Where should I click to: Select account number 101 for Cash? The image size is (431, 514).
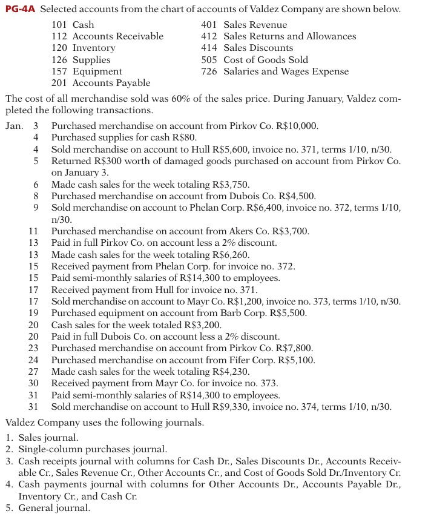coord(58,25)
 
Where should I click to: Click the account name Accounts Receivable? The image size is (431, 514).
coord(118,36)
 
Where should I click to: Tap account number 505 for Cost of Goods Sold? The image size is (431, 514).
coord(209,60)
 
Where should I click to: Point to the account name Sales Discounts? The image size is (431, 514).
coord(258,48)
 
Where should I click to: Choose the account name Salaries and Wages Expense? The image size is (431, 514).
coord(286,71)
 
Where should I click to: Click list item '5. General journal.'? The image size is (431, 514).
coord(47,507)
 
